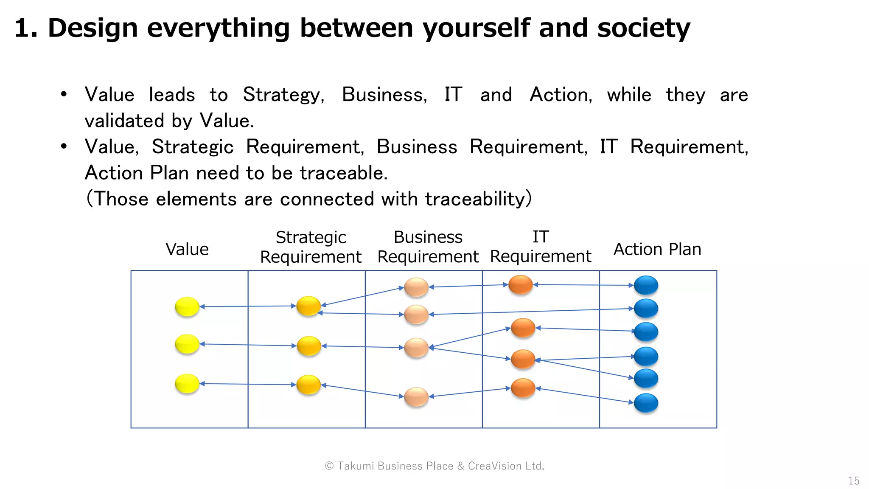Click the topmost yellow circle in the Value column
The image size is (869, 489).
pos(187,306)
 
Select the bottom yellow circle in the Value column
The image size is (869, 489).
pos(187,383)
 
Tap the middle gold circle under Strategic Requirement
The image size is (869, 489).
pos(308,346)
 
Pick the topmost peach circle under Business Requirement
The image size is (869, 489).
pos(416,287)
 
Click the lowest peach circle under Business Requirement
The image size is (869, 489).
pos(416,397)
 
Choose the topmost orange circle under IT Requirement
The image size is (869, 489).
pos(520,284)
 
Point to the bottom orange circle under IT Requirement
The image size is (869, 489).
pos(523,388)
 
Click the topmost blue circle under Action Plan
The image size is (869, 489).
pos(646,285)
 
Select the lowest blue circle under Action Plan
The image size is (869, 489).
pos(646,403)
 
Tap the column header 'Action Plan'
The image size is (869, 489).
pos(657,249)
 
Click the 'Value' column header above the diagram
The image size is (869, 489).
pos(187,249)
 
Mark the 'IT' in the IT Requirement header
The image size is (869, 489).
pos(541,237)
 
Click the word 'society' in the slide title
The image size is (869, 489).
pos(643,28)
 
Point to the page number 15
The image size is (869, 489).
pos(853,481)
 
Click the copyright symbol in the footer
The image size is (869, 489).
pos(329,466)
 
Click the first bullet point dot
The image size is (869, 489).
pos(64,94)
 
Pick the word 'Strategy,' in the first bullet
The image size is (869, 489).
pos(283,95)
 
